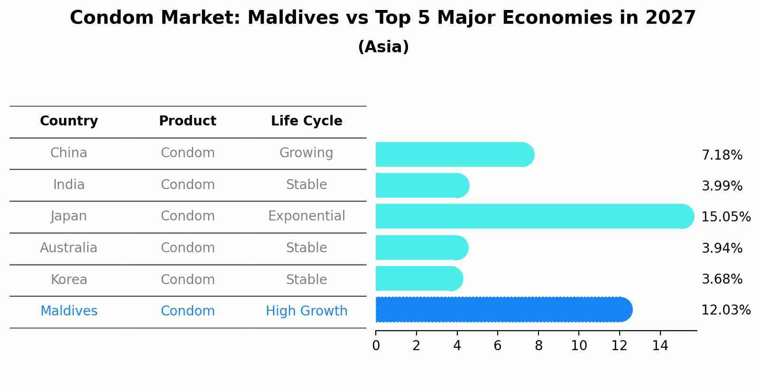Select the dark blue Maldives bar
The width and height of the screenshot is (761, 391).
[x=503, y=310]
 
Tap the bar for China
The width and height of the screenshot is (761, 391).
[x=455, y=154]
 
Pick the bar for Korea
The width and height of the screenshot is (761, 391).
[x=419, y=278]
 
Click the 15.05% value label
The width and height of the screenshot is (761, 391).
[x=725, y=217]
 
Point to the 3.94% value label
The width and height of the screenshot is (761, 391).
[x=722, y=248]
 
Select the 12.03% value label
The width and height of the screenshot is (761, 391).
[x=725, y=310]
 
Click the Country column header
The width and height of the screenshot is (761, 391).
[x=69, y=121]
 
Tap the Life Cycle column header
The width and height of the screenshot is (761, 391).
[x=306, y=121]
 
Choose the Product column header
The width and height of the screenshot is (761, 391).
[x=187, y=121]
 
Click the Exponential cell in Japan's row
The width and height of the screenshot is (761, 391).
[x=306, y=216]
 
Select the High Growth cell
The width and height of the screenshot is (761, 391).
[x=306, y=311]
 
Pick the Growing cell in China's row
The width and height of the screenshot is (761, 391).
[x=306, y=153]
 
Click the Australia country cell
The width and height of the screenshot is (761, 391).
[x=69, y=248]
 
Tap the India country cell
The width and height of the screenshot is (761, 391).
[x=69, y=185]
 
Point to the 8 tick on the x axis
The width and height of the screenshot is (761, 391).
[x=538, y=345]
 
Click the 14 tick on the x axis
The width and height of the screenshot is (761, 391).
[x=660, y=345]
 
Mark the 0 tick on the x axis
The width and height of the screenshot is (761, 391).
[x=376, y=345]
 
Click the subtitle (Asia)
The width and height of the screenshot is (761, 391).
[x=383, y=47]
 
